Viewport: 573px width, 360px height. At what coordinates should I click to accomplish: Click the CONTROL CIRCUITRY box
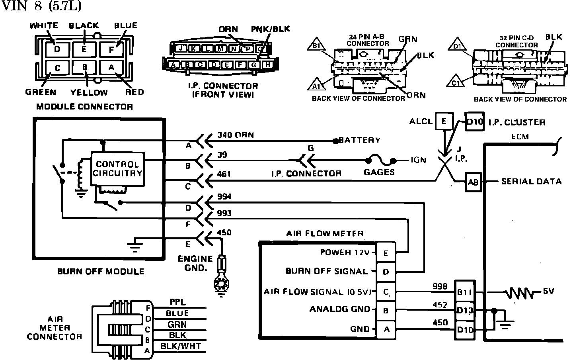pos(118,168)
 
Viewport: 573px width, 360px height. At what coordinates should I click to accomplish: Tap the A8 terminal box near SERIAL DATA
pos(473,182)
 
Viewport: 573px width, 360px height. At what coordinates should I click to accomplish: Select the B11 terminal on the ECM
pos(464,292)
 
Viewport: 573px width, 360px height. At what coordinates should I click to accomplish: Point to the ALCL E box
pos(444,121)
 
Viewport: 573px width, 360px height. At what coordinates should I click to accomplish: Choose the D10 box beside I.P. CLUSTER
pos(474,121)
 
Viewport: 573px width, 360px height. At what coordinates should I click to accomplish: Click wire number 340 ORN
pos(236,135)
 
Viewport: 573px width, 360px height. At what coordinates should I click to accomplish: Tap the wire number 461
pos(224,174)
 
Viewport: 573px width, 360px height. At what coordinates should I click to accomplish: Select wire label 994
pos(224,197)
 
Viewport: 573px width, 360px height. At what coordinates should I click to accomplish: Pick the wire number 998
pos(440,286)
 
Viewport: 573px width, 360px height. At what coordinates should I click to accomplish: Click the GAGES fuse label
pos(379,172)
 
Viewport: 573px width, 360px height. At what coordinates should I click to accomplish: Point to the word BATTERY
pos(359,140)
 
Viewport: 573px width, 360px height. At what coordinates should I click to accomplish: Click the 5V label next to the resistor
pos(548,292)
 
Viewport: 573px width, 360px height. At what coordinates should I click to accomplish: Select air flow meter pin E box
pos(386,253)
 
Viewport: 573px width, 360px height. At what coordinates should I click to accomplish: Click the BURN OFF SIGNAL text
pos(327,271)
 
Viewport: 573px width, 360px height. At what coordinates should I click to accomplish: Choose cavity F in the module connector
pos(111,50)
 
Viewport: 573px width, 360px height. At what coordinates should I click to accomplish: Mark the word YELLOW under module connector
pos(89,92)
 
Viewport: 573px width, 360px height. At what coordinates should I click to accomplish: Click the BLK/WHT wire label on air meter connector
pos(180,346)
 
